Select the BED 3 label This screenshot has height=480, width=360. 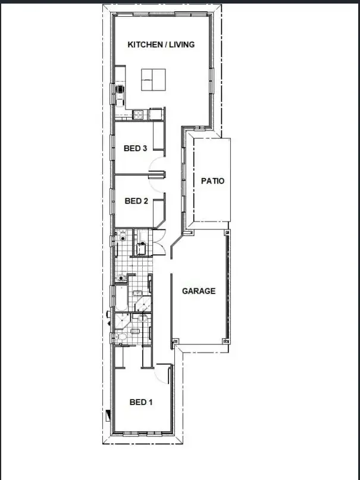point(135,149)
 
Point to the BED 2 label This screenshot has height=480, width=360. point(136,201)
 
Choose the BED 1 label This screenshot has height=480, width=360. point(141,403)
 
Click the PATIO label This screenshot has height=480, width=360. point(212,181)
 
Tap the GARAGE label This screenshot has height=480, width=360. point(198,291)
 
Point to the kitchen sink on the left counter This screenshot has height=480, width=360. point(120,91)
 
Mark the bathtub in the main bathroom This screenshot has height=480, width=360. point(121,297)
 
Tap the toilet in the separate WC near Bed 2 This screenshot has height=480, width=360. point(122,236)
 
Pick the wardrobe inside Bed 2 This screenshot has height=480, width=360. point(159,211)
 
